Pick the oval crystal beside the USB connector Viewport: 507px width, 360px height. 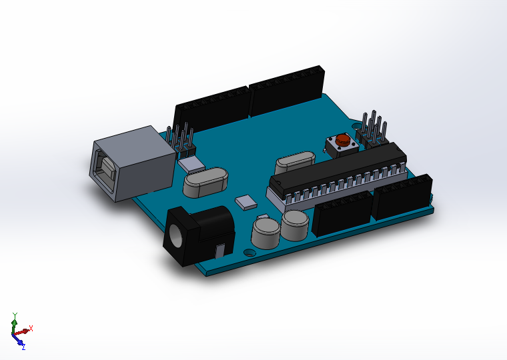tap(205, 181)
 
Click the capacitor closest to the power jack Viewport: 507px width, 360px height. tap(266, 231)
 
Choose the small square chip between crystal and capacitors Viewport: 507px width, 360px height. tap(245, 202)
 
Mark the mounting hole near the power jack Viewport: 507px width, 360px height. tap(249, 253)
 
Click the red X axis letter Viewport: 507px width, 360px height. tap(31, 328)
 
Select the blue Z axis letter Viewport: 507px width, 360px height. tap(23, 347)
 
